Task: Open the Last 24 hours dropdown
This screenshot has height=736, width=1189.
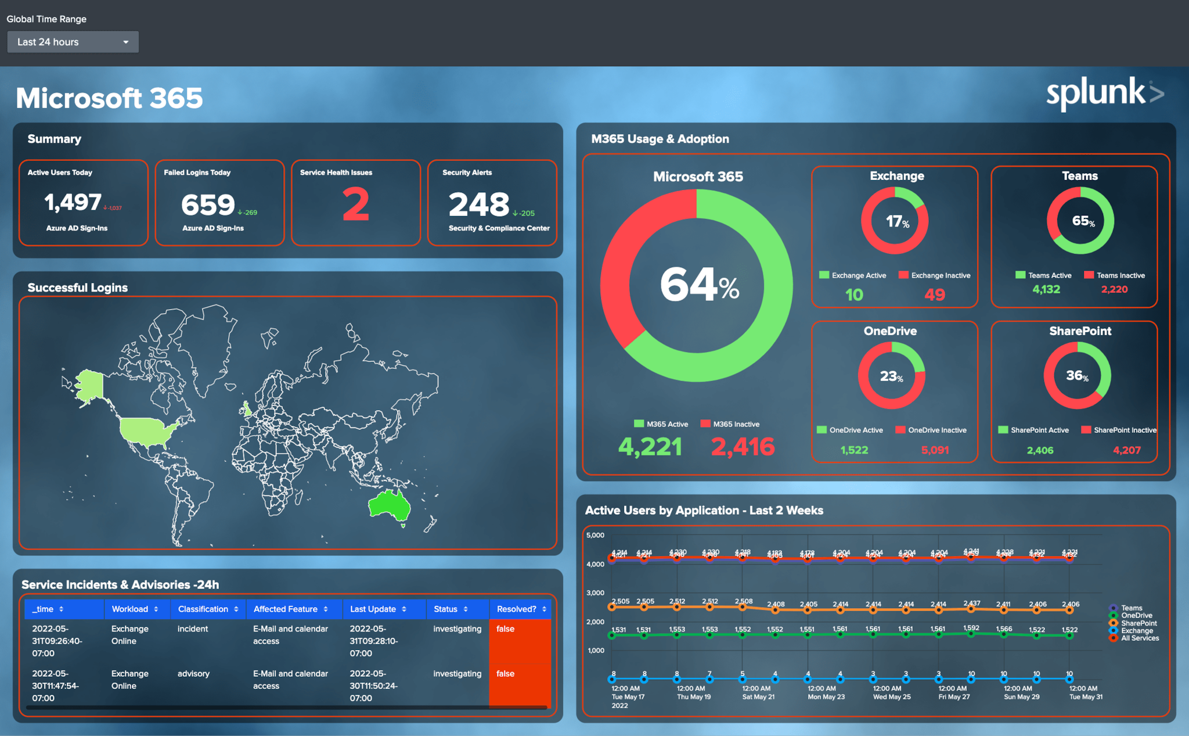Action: pyautogui.click(x=73, y=42)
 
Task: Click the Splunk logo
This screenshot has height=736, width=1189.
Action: pyautogui.click(x=1104, y=93)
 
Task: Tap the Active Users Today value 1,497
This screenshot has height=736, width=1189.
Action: pyautogui.click(x=73, y=202)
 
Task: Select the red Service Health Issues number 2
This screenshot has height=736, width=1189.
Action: pyautogui.click(x=355, y=204)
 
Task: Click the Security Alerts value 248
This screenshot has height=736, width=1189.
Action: pyautogui.click(x=479, y=204)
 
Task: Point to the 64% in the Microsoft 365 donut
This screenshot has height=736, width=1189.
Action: pyautogui.click(x=699, y=285)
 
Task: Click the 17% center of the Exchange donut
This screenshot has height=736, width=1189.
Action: pyautogui.click(x=896, y=221)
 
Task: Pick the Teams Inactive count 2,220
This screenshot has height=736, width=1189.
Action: pyautogui.click(x=1114, y=289)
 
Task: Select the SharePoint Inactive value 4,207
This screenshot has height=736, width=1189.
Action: pyautogui.click(x=1126, y=450)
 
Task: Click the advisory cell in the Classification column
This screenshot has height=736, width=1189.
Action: pyautogui.click(x=193, y=673)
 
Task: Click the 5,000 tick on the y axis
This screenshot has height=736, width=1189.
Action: pyautogui.click(x=595, y=535)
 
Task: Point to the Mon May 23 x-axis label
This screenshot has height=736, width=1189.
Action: pyautogui.click(x=826, y=696)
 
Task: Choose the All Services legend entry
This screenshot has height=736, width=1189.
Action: pyautogui.click(x=1139, y=638)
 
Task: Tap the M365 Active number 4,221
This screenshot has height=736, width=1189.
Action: pyautogui.click(x=650, y=447)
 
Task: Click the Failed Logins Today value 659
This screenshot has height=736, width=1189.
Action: pyautogui.click(x=208, y=204)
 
